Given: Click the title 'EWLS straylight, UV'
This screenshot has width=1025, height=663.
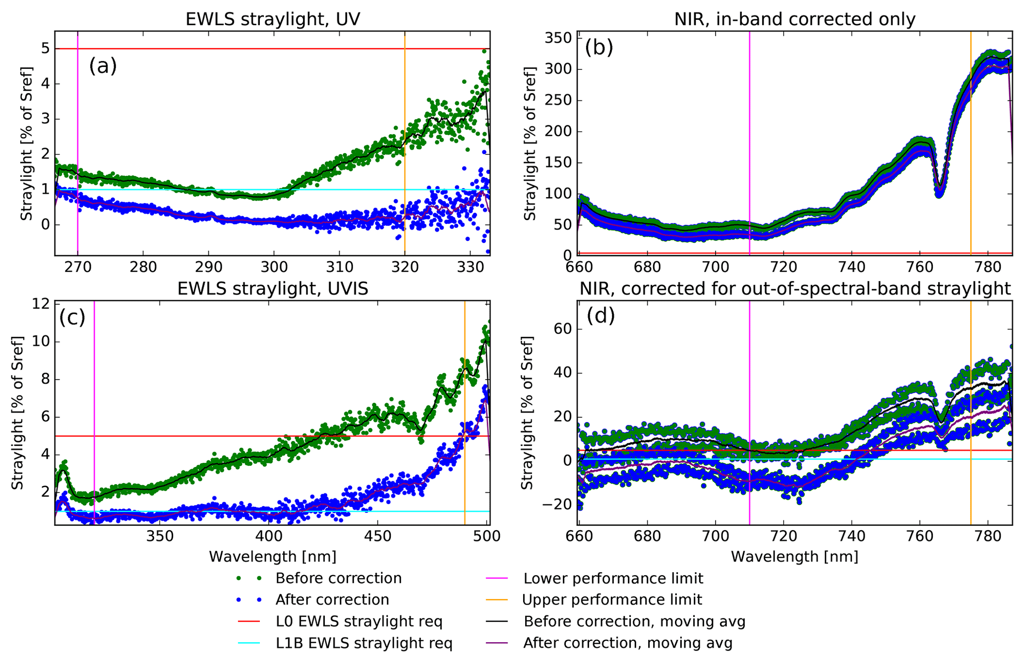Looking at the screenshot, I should (x=272, y=19).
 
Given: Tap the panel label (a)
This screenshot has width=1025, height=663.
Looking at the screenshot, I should (x=103, y=65).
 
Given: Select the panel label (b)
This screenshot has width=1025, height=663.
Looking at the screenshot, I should (x=599, y=47).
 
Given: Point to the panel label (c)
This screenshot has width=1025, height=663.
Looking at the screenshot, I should (x=72, y=317).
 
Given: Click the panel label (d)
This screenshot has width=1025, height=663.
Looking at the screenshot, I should (x=601, y=316).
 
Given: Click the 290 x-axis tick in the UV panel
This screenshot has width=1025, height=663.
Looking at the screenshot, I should (x=208, y=267).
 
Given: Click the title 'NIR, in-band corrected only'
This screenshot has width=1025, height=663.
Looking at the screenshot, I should (x=794, y=19).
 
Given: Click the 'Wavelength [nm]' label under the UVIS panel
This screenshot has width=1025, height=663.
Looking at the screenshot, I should (x=272, y=556).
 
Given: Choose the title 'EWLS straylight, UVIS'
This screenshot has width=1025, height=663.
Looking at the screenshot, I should (x=272, y=288).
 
